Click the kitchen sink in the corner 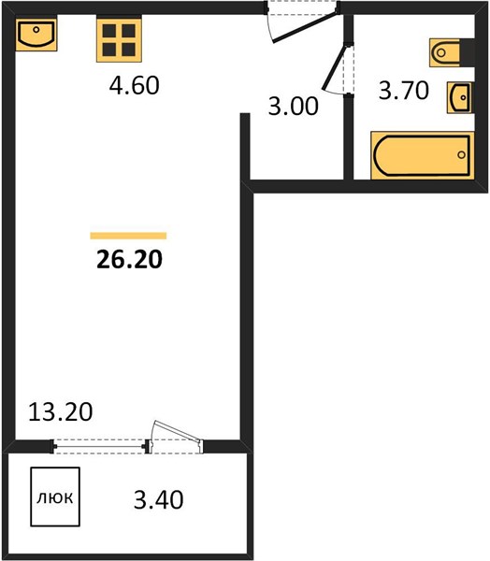click(36, 33)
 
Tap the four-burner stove click(119, 39)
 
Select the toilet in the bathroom click(452, 52)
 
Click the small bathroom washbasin click(460, 97)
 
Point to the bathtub click(423, 155)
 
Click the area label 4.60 click(135, 86)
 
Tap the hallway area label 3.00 click(293, 107)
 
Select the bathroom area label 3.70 click(404, 91)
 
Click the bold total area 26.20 click(130, 259)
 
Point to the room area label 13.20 click(61, 411)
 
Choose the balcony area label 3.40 click(159, 500)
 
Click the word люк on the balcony click(55, 497)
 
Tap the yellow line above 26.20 click(128, 236)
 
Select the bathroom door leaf click(334, 67)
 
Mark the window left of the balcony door click(99, 446)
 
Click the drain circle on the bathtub click(462, 155)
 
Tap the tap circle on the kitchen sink click(36, 29)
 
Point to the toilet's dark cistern click(468, 52)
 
